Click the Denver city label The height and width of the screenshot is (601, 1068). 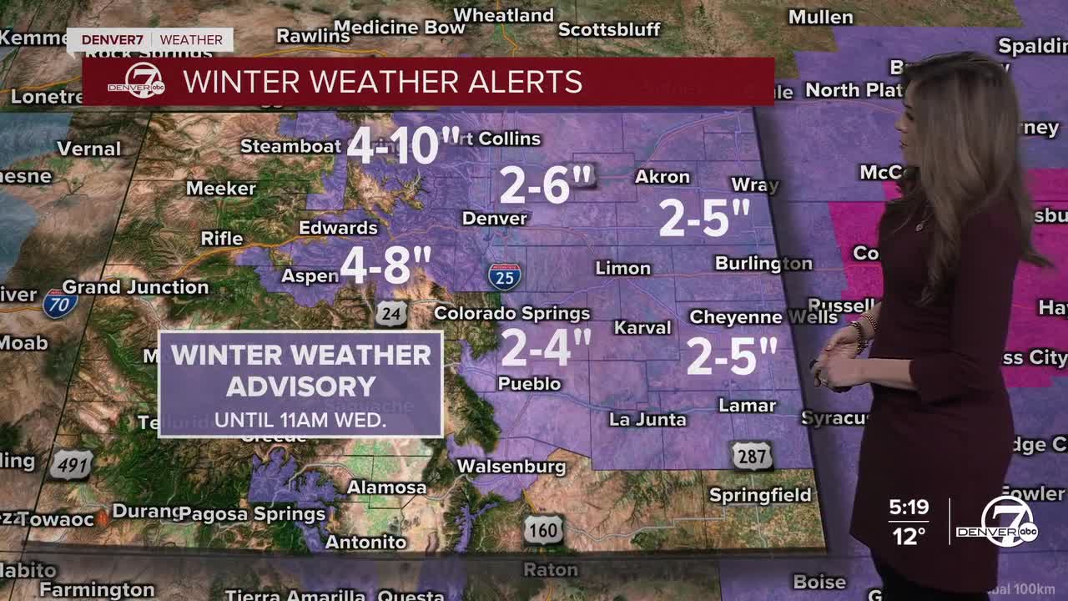click(495, 219)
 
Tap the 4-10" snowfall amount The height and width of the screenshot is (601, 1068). click(403, 145)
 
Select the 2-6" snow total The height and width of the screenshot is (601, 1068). click(546, 184)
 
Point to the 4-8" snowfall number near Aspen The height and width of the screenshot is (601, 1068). click(385, 266)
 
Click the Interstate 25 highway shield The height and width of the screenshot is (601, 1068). click(505, 275)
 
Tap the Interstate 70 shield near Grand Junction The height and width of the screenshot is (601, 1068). click(60, 303)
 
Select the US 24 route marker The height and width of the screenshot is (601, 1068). click(390, 313)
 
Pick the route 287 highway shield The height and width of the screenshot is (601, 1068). click(752, 455)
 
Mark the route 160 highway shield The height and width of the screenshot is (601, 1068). click(543, 529)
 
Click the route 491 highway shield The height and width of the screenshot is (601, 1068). click(70, 465)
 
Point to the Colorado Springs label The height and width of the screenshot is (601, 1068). click(511, 314)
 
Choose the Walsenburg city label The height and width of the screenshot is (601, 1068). click(511, 467)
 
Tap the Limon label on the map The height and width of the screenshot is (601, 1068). click(622, 268)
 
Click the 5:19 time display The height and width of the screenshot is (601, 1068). click(908, 507)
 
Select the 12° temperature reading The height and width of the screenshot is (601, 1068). click(908, 535)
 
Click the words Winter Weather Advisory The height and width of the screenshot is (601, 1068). click(301, 370)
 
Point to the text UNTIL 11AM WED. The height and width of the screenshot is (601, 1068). click(300, 420)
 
